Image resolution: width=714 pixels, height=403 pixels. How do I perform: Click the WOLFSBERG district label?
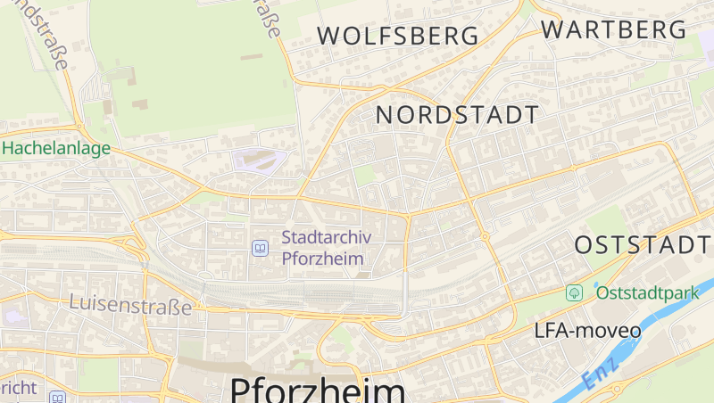pyautogui.click(x=398, y=36)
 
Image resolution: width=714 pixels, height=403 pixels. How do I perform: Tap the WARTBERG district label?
pyautogui.click(x=615, y=29)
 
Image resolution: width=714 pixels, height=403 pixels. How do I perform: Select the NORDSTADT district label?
pyautogui.click(x=457, y=114)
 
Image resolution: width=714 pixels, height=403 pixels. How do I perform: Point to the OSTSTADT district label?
pyautogui.click(x=643, y=245)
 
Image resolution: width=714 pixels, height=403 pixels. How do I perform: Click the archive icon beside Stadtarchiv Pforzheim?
pyautogui.click(x=260, y=248)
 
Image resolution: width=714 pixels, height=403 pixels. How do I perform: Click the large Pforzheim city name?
pyautogui.click(x=318, y=390)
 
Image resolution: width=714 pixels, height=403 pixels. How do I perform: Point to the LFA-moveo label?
pyautogui.click(x=587, y=331)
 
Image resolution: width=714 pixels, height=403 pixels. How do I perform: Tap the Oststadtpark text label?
pyautogui.click(x=647, y=292)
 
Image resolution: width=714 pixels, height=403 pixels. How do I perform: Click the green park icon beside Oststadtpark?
pyautogui.click(x=575, y=292)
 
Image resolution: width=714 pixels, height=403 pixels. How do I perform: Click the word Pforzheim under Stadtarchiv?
pyautogui.click(x=323, y=259)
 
